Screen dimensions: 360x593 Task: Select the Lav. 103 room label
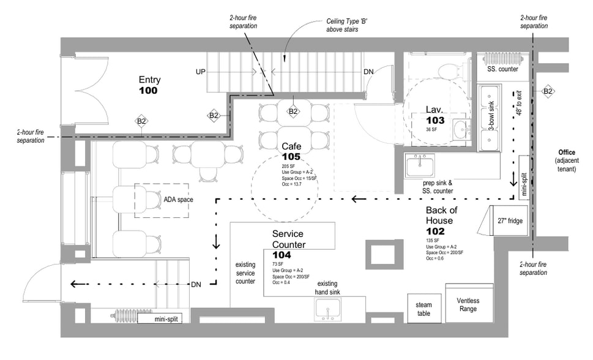coord(435,116)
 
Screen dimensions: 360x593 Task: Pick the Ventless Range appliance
coord(468,304)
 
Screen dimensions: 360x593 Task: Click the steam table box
coord(423,309)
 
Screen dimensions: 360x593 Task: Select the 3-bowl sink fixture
coord(491,118)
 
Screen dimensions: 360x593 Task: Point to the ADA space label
coord(177,199)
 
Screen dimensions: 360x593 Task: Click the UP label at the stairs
coord(200,72)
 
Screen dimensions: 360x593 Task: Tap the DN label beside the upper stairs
coord(368,72)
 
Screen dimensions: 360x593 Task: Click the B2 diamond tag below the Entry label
coord(141,121)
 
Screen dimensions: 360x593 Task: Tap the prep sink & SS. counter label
coord(438,187)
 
